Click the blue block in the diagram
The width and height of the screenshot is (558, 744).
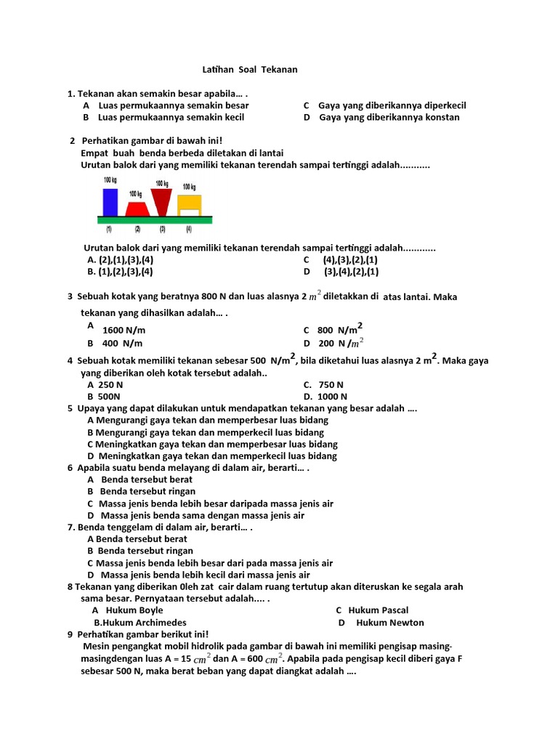(x=110, y=202)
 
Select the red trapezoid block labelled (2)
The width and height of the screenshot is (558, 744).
(x=136, y=209)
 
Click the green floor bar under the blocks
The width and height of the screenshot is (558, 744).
(x=155, y=219)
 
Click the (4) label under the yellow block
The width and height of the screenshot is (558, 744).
(x=188, y=230)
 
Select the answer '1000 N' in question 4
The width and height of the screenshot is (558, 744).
(x=333, y=397)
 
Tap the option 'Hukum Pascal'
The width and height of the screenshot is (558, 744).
(x=378, y=610)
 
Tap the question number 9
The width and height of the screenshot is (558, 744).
(x=70, y=634)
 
